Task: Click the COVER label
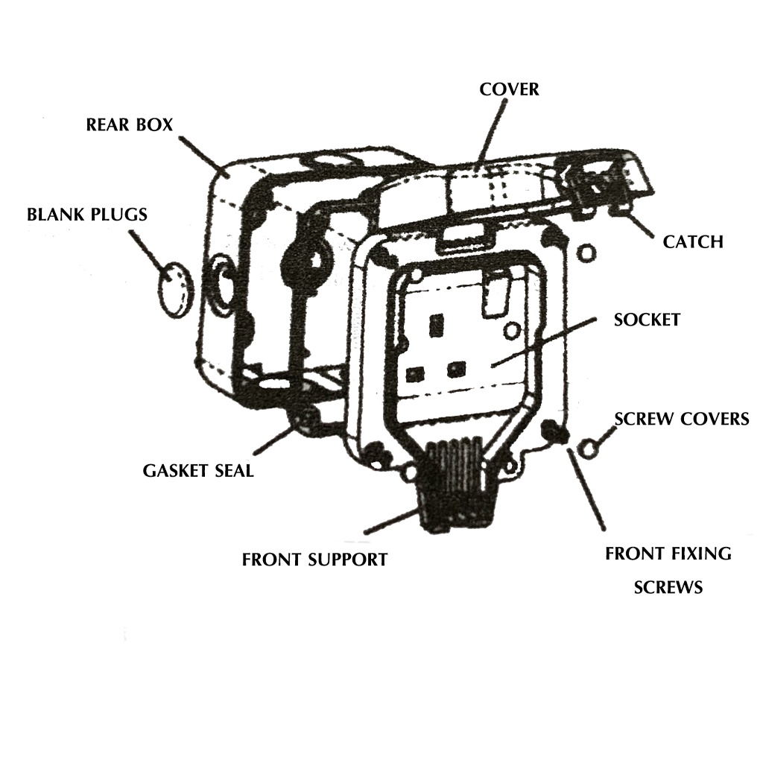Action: (509, 89)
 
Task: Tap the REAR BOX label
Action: (130, 125)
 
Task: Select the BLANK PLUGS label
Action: (87, 215)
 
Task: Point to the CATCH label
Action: (693, 242)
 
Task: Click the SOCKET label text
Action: (647, 320)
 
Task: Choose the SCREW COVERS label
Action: (682, 419)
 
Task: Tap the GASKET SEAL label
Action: (198, 471)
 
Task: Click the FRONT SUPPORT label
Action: (315, 560)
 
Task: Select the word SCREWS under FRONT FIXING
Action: (668, 588)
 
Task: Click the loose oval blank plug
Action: (174, 291)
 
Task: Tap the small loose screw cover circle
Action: (589, 448)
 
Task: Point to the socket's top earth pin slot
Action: (437, 325)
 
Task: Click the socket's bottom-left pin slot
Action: (415, 374)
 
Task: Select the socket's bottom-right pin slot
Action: (457, 370)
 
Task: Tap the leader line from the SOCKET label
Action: (543, 343)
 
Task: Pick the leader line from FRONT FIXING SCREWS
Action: (586, 490)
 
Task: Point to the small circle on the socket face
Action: (512, 331)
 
